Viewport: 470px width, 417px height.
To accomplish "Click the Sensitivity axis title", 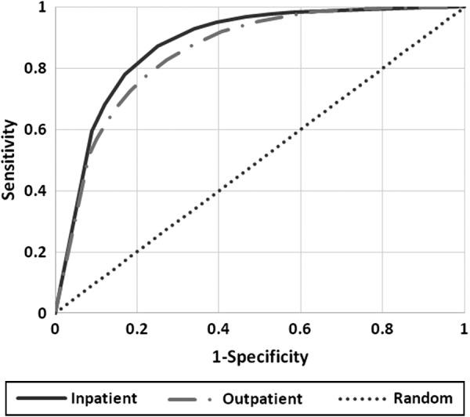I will pos(10,161).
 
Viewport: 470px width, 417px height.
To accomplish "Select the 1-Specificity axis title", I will pos(260,357).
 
